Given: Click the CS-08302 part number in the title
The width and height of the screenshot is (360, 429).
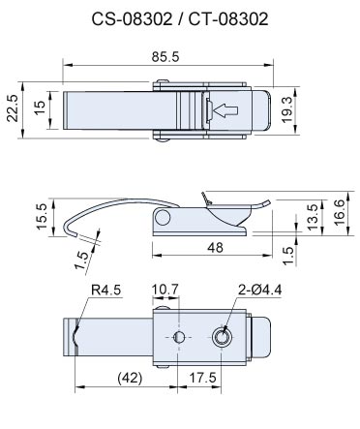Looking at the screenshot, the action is coord(132,19).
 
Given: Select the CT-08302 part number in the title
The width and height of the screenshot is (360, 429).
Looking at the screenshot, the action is coord(228,19).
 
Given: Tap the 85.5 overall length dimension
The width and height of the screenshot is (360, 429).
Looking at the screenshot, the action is coord(165,57).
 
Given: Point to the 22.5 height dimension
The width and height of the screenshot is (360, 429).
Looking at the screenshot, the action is coord(13,108).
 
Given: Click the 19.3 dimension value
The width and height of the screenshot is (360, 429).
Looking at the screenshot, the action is coord(286,109).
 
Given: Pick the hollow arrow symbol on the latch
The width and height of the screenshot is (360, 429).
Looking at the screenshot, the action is coord(225,110).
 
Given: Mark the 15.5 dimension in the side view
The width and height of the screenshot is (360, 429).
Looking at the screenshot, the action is coord(42,216).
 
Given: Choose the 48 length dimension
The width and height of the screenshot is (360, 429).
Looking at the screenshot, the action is coord(215,248).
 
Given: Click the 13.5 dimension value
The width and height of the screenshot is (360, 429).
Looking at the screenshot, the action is coord(313,217).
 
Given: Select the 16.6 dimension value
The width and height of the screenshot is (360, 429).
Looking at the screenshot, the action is coord(339,213).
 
